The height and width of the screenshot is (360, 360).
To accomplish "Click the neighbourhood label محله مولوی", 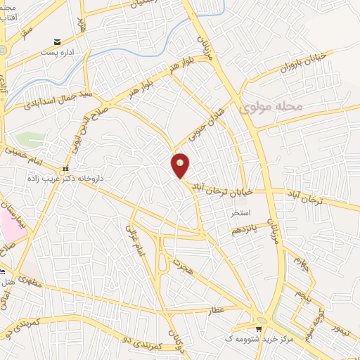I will tap(279, 107).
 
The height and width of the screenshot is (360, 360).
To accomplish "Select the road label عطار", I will tap(214, 309).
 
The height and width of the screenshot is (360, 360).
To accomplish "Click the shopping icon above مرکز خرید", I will tap(260, 328).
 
